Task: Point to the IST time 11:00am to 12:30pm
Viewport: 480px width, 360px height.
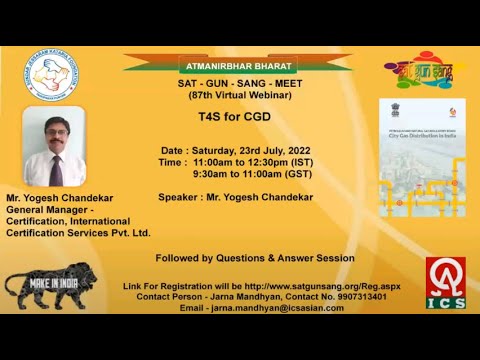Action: pyautogui.click(x=259, y=161)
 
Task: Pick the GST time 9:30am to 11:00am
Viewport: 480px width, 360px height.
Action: pyautogui.click(x=259, y=172)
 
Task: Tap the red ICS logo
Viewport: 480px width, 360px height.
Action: pyautogui.click(x=444, y=283)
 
